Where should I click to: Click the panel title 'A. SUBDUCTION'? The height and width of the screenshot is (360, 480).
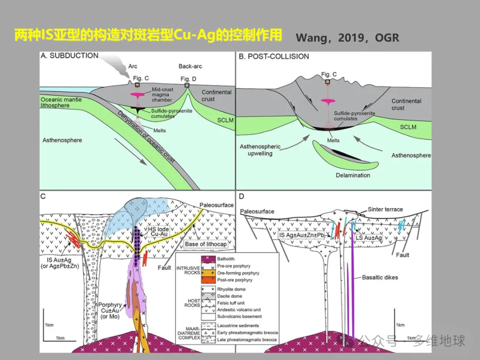[x=69, y=56]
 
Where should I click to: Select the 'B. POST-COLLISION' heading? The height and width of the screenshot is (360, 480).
[x=274, y=56]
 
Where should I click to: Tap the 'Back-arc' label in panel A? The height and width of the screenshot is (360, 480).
[x=190, y=67]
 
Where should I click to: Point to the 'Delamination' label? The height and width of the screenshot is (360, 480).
[x=353, y=175]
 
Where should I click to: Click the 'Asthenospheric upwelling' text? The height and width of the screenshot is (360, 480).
[x=260, y=150]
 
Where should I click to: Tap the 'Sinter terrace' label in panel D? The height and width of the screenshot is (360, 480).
[x=385, y=209]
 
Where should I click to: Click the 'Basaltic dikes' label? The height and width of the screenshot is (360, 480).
[x=380, y=277]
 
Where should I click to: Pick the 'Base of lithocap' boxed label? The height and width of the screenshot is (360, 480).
[x=206, y=244]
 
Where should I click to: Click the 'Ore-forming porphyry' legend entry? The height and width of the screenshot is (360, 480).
[x=238, y=273]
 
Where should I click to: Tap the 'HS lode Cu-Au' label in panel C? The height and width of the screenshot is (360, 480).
[x=158, y=232]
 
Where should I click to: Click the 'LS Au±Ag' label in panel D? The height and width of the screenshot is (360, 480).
[x=369, y=238]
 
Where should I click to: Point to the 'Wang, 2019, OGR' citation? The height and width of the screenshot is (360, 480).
[x=347, y=38]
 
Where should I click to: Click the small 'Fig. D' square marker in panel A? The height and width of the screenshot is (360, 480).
[x=187, y=85]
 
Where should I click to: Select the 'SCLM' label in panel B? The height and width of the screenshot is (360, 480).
[x=408, y=127]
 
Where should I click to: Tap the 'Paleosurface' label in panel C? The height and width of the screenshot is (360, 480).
[x=216, y=206]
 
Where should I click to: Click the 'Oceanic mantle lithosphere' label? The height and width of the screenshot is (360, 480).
[x=61, y=103]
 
